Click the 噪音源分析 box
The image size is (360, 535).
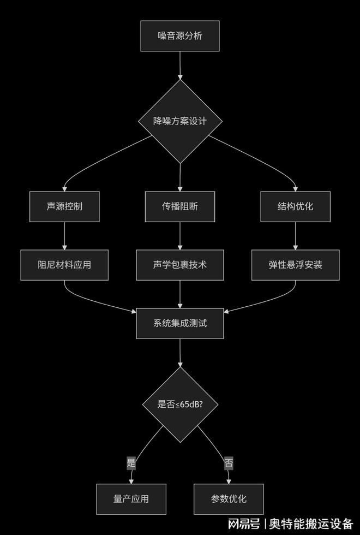(180, 36)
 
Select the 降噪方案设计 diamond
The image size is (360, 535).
(180, 121)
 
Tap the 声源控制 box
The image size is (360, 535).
(64, 206)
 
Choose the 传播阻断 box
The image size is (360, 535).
(180, 206)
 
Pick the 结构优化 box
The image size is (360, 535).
(295, 206)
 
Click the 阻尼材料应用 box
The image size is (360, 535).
(64, 265)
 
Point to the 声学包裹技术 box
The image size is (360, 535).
(180, 265)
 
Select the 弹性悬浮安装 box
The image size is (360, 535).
(295, 265)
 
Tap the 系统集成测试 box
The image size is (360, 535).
(180, 323)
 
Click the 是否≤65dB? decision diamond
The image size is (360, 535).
(180, 405)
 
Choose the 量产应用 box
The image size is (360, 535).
(131, 498)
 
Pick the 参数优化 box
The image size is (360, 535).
(229, 498)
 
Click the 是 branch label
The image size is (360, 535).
(131, 463)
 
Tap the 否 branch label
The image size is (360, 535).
(229, 463)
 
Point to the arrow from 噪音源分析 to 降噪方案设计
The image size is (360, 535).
(180, 66)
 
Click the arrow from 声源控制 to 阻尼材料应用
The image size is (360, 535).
(64, 236)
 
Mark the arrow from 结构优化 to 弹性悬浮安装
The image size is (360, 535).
(295, 236)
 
